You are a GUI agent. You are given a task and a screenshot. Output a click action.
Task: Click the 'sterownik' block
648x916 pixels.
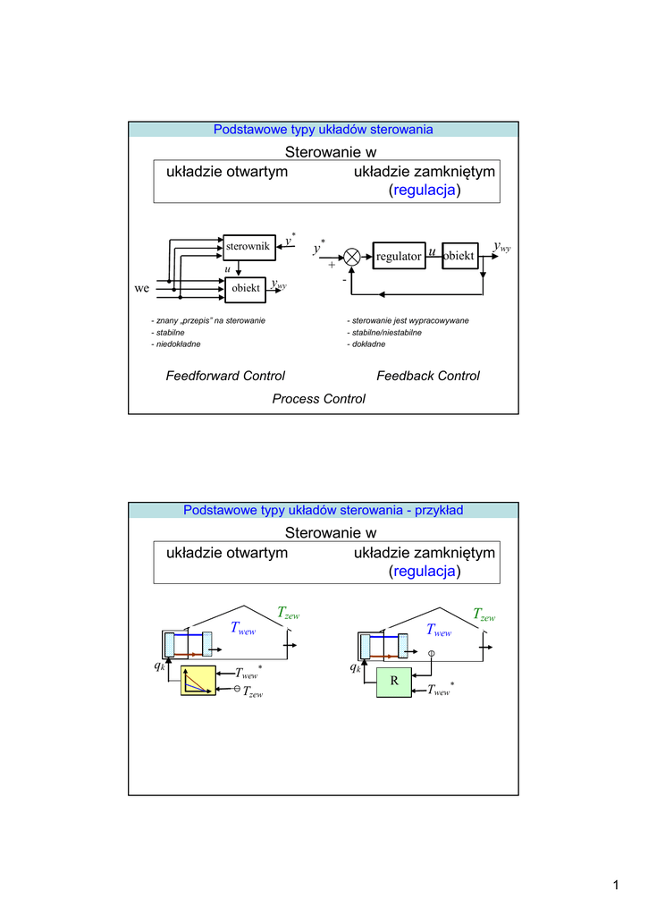(x=249, y=247)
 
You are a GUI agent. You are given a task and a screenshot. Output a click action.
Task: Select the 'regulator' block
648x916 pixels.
(x=399, y=256)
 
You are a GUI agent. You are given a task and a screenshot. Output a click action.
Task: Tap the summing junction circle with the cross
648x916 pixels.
(x=351, y=257)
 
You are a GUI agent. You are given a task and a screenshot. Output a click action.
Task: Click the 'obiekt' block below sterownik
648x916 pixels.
(x=245, y=289)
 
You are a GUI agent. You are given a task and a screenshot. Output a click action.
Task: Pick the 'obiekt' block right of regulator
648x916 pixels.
(x=460, y=256)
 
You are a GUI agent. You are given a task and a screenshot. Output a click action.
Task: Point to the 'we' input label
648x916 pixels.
(x=142, y=288)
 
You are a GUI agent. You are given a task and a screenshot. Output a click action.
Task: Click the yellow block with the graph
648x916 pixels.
(x=198, y=681)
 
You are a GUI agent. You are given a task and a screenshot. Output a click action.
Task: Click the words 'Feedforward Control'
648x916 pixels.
(x=225, y=376)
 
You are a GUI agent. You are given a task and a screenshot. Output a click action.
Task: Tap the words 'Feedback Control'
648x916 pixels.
(x=428, y=376)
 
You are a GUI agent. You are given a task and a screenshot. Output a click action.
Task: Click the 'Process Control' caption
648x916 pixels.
(x=319, y=398)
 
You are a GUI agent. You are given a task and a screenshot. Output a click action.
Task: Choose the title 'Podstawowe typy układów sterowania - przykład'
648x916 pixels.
(x=324, y=510)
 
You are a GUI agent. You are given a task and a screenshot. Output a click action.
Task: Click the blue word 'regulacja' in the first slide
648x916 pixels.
(x=425, y=190)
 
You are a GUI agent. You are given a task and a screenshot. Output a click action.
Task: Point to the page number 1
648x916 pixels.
(x=616, y=885)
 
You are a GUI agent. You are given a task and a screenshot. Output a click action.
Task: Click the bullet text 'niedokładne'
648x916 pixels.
(x=176, y=344)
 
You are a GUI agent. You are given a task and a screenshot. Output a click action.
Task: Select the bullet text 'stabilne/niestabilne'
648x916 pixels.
(x=384, y=333)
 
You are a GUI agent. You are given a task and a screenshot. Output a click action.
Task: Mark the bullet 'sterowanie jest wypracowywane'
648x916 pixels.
(x=408, y=321)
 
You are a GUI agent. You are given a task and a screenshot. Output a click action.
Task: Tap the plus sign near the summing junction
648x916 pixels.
(x=332, y=265)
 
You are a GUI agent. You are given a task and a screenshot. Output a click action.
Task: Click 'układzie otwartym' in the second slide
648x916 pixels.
(x=227, y=553)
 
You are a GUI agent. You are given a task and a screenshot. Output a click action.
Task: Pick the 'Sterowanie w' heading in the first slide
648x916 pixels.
(x=331, y=152)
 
